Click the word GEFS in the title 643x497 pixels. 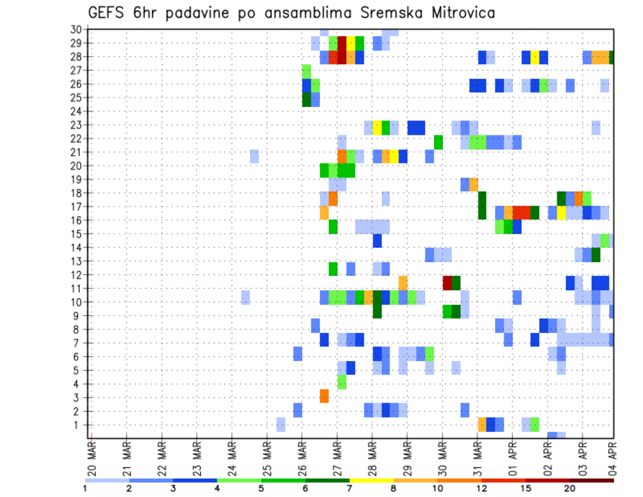[109, 13]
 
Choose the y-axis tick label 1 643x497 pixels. [78, 425]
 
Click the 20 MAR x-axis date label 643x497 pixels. [92, 456]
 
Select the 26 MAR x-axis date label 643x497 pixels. [302, 456]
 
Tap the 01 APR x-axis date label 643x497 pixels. [512, 456]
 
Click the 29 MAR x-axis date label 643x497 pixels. [407, 456]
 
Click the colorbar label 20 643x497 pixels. [569, 488]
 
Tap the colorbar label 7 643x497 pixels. [349, 488]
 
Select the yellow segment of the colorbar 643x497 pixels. [371, 480]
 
